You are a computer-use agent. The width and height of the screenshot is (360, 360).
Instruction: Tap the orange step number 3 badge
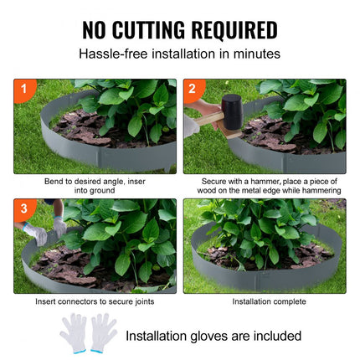[23, 208]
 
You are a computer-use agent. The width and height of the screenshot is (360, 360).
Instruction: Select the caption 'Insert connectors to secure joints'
[95, 301]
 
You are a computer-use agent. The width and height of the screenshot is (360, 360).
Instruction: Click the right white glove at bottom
[103, 332]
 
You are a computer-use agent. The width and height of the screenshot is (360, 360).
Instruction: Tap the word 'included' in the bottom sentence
[274, 336]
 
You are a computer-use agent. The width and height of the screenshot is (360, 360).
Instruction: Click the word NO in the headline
[97, 30]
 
